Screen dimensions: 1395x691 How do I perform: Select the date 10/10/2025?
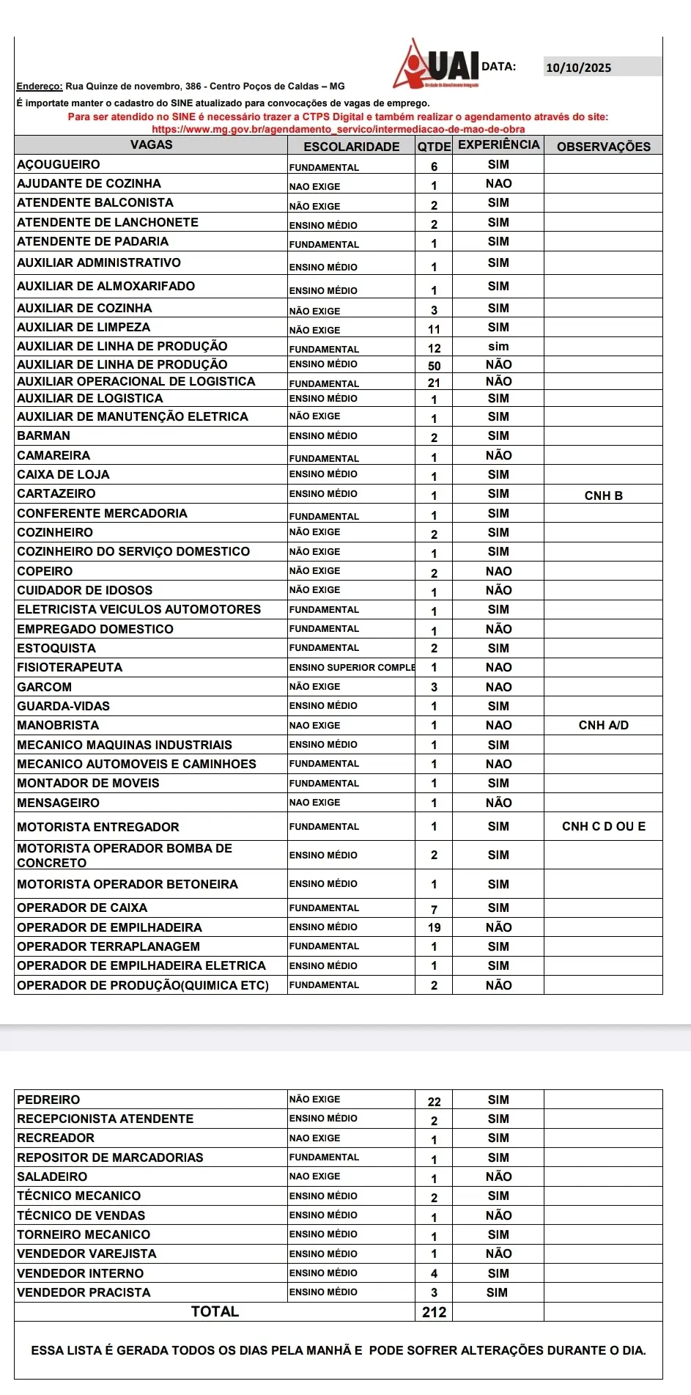click(x=579, y=68)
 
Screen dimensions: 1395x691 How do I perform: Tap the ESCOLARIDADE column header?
click(x=352, y=147)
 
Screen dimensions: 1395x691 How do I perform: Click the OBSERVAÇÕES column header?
click(x=603, y=147)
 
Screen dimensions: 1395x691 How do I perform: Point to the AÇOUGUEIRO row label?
click(x=59, y=164)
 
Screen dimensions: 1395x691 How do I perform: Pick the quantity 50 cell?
click(x=434, y=366)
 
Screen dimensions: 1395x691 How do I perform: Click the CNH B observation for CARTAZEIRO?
click(x=603, y=496)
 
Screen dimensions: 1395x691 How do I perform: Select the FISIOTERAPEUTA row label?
click(x=70, y=667)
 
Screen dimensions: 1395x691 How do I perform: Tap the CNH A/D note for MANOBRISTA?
click(x=603, y=725)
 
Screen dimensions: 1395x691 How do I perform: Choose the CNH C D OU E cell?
click(x=603, y=826)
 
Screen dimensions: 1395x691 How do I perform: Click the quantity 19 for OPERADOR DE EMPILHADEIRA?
click(x=434, y=927)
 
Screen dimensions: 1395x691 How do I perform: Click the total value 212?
click(x=434, y=1312)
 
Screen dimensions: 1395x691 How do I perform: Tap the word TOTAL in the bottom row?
click(x=215, y=1311)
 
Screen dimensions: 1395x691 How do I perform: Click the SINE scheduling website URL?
click(x=338, y=130)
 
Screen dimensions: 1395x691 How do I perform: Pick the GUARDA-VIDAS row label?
click(x=63, y=706)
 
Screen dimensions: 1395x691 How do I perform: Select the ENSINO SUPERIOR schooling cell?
click(x=352, y=667)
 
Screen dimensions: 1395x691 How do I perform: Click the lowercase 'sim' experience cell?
click(x=498, y=346)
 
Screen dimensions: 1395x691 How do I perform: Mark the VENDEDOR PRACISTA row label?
click(x=84, y=1292)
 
